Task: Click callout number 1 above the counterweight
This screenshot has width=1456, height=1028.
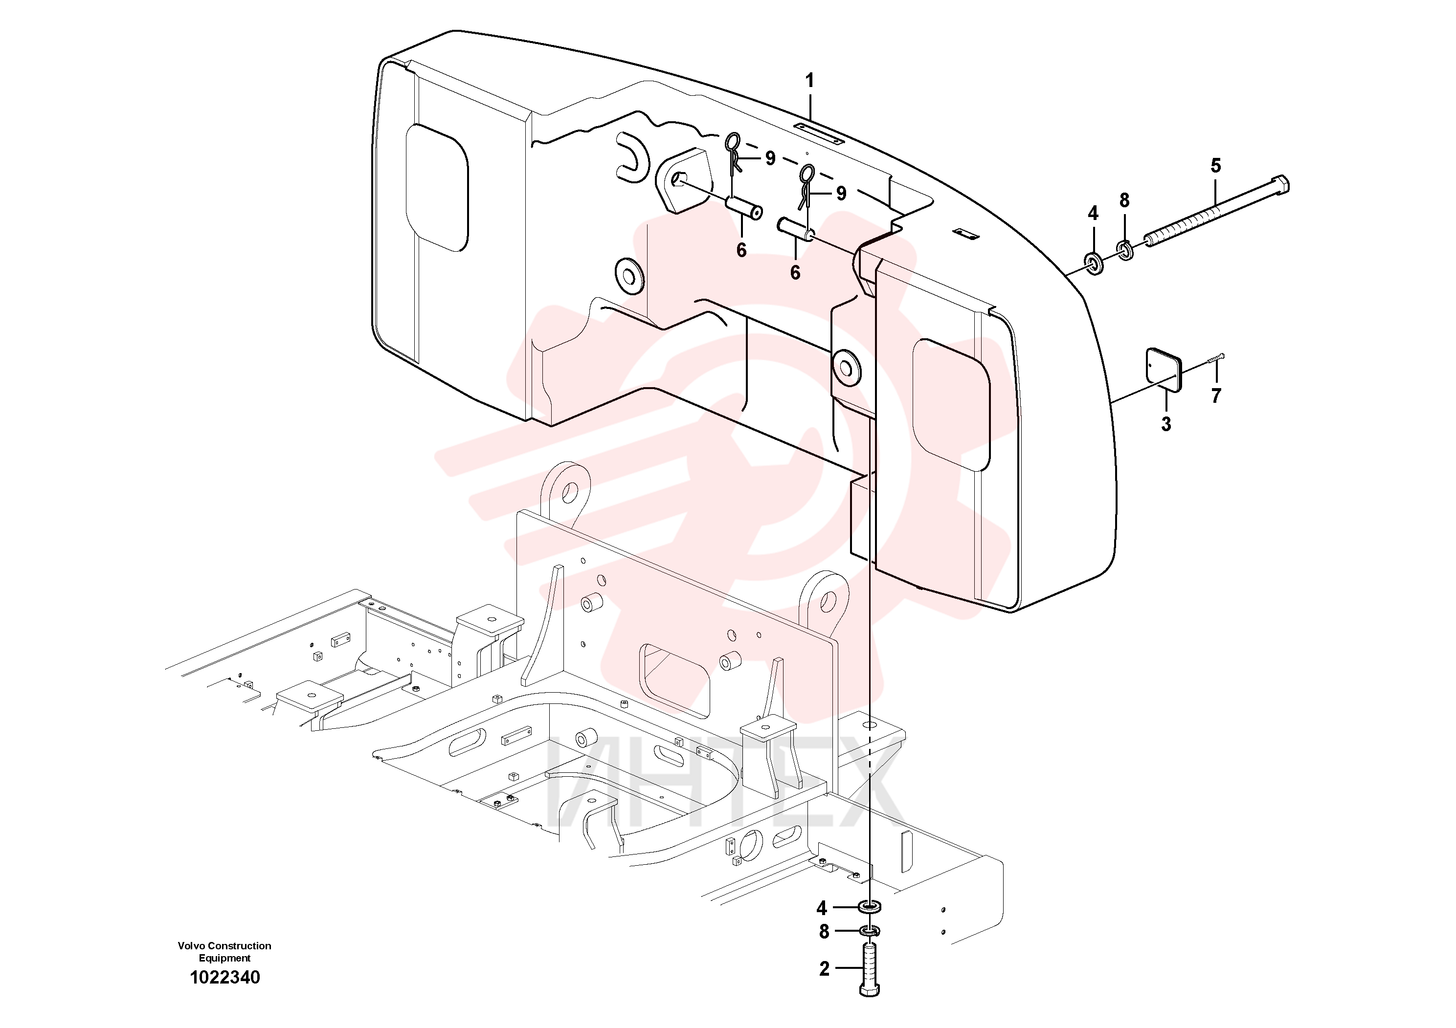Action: [x=809, y=81]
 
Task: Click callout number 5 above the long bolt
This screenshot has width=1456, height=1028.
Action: [x=1216, y=166]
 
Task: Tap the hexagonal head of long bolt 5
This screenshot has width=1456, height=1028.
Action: [x=1280, y=186]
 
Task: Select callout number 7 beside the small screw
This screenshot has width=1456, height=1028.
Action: [x=1216, y=395]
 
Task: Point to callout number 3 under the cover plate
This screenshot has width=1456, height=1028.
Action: [x=1165, y=424]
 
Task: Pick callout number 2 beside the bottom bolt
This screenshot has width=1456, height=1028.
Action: [x=824, y=969]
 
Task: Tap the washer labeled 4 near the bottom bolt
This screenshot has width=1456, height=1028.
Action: [x=869, y=907]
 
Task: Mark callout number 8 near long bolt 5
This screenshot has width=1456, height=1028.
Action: [x=1124, y=200]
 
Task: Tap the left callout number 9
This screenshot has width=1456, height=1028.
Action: [x=770, y=158]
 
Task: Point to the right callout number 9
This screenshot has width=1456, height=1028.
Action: [x=841, y=193]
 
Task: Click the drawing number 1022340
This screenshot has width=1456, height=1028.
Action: [x=225, y=977]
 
